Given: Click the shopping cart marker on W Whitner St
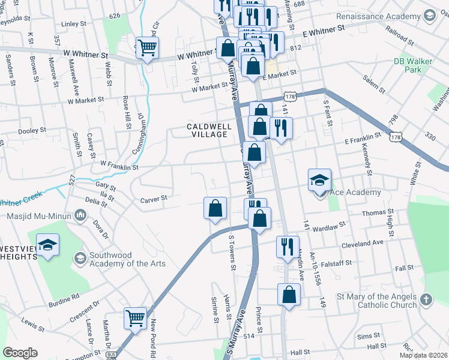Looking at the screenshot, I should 147,47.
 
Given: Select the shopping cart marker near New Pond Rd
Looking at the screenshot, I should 135,317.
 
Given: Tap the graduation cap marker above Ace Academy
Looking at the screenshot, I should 319,179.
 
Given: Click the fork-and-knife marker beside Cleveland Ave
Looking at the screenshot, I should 287,245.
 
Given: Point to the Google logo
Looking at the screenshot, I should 20,353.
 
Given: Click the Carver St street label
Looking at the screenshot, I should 153,199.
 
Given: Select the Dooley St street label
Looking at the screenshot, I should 32,130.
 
